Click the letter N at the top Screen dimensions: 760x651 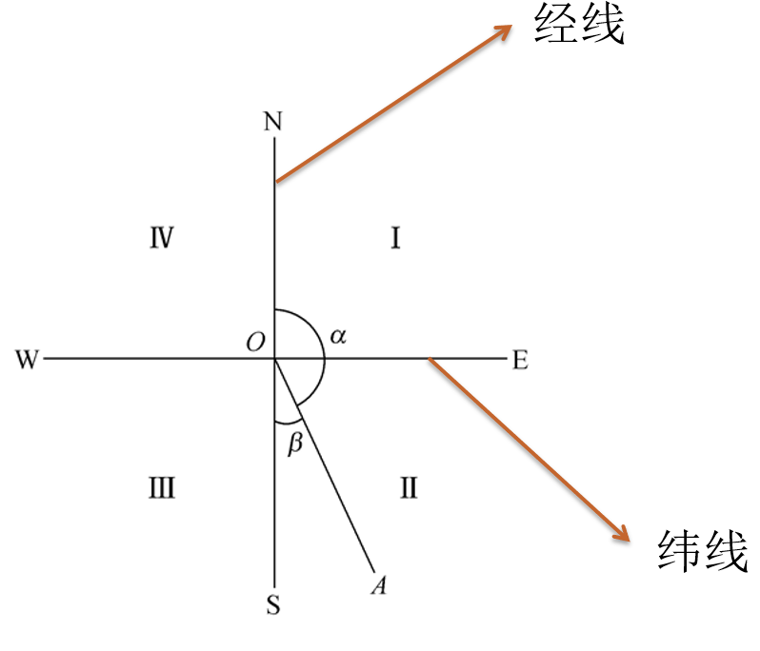coord(273,121)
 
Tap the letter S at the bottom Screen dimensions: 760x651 coord(273,604)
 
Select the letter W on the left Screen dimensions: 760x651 coord(27,360)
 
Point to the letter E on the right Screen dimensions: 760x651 coord(520,361)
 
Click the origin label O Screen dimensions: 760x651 coord(256,342)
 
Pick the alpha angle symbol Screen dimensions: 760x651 coord(338,336)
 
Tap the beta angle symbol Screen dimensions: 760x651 coord(295,443)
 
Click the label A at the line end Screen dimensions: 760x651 coord(379,584)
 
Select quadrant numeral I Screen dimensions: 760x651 coord(395,238)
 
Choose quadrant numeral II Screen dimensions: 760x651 coord(409,487)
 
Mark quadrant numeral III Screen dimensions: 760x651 coord(161,487)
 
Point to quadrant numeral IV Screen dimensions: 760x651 coord(161,238)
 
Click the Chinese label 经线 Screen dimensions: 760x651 coord(579,24)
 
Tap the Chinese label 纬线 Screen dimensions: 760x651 coord(703,551)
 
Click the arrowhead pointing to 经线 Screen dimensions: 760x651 coord(504,31)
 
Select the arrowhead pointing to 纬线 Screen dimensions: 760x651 coord(621,533)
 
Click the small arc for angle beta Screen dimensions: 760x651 coord(288,421)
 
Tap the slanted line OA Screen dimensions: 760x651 coord(325,465)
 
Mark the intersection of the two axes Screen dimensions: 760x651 coord(275,359)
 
